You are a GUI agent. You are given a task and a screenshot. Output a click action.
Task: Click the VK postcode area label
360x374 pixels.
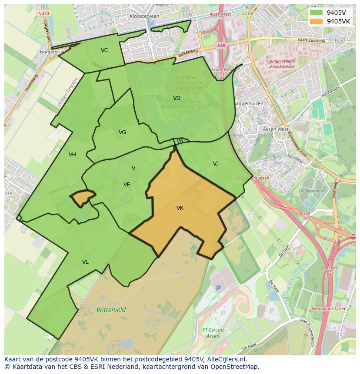tap(180, 208)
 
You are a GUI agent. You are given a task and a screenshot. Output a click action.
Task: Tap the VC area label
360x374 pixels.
tap(104, 50)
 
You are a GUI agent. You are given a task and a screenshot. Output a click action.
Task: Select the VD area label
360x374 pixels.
tap(177, 98)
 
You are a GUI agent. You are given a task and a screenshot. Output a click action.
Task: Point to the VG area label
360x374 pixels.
tap(122, 132)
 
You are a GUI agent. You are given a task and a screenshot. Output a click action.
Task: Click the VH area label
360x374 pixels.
tap(72, 155)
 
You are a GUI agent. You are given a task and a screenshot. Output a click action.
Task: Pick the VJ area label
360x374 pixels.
tap(216, 164)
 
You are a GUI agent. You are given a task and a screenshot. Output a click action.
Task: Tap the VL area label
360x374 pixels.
tap(85, 262)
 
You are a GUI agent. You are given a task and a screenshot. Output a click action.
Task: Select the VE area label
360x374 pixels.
tap(127, 185)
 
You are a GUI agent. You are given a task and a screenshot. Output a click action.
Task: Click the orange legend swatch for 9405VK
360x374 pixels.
tap(316, 21)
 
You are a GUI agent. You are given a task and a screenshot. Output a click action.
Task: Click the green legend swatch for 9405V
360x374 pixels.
tap(316, 12)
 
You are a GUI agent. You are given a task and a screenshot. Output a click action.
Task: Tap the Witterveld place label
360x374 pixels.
tap(111, 310)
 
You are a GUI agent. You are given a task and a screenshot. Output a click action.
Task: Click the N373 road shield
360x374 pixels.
tap(43, 13)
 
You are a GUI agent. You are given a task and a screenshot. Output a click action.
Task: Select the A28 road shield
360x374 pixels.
tap(221, 45)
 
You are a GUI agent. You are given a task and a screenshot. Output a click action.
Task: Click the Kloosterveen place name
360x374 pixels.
tap(144, 16)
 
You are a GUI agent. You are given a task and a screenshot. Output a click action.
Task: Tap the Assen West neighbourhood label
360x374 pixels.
tap(276, 129)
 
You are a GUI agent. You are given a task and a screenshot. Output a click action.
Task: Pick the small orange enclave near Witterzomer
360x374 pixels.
tap(82, 198)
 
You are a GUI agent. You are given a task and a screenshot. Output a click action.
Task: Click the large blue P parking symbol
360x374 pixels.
tap(219, 288)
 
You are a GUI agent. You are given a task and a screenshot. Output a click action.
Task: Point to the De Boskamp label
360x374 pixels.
tap(311, 191)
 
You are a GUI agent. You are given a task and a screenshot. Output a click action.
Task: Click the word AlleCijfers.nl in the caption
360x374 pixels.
tap(225, 359)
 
